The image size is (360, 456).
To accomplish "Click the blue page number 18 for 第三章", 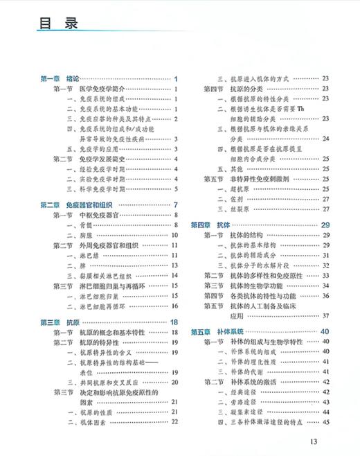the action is click(x=174, y=322).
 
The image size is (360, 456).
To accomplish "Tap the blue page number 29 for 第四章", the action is click(x=325, y=225).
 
